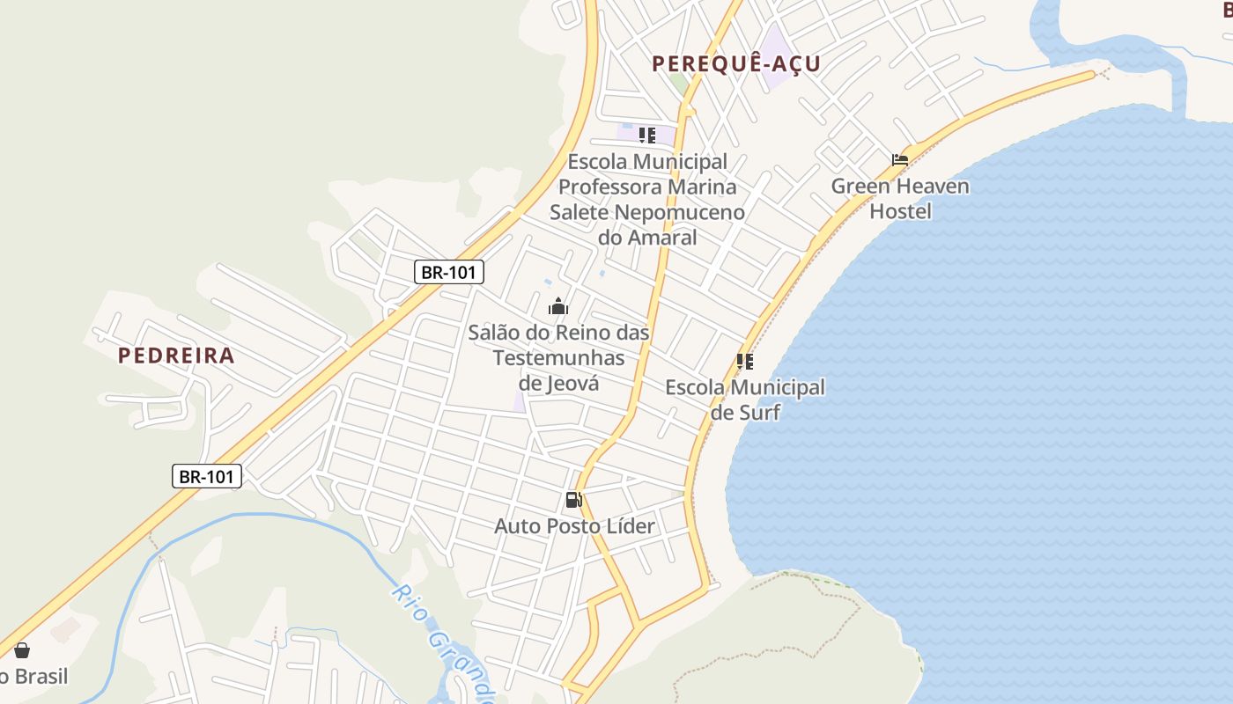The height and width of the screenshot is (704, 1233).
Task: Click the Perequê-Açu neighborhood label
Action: coord(735,63)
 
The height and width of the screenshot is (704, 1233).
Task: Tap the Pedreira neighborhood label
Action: coord(176,356)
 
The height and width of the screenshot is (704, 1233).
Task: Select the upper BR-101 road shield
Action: coord(449,272)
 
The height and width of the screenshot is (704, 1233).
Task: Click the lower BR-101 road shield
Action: coord(206,477)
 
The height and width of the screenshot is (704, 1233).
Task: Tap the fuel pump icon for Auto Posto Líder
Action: coord(573,500)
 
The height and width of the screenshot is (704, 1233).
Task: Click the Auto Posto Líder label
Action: coord(574,526)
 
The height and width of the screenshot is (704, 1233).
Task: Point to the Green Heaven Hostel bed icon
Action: coord(899,160)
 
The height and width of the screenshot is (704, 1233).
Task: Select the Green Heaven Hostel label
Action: coord(900,199)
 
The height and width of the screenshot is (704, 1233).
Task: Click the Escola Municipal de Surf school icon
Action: coord(745,362)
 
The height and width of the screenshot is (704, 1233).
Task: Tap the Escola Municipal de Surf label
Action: coord(745,400)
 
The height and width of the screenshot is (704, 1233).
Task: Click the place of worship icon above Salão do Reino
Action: coord(557,306)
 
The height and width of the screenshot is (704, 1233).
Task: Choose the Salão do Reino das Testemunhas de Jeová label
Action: coord(558,358)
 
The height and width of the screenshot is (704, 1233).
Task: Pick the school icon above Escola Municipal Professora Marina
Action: coord(647,136)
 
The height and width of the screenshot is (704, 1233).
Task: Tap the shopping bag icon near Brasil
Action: coord(22,650)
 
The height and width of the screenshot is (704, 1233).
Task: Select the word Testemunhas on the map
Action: coord(558,358)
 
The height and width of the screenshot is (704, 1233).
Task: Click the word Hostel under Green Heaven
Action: coord(900,211)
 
